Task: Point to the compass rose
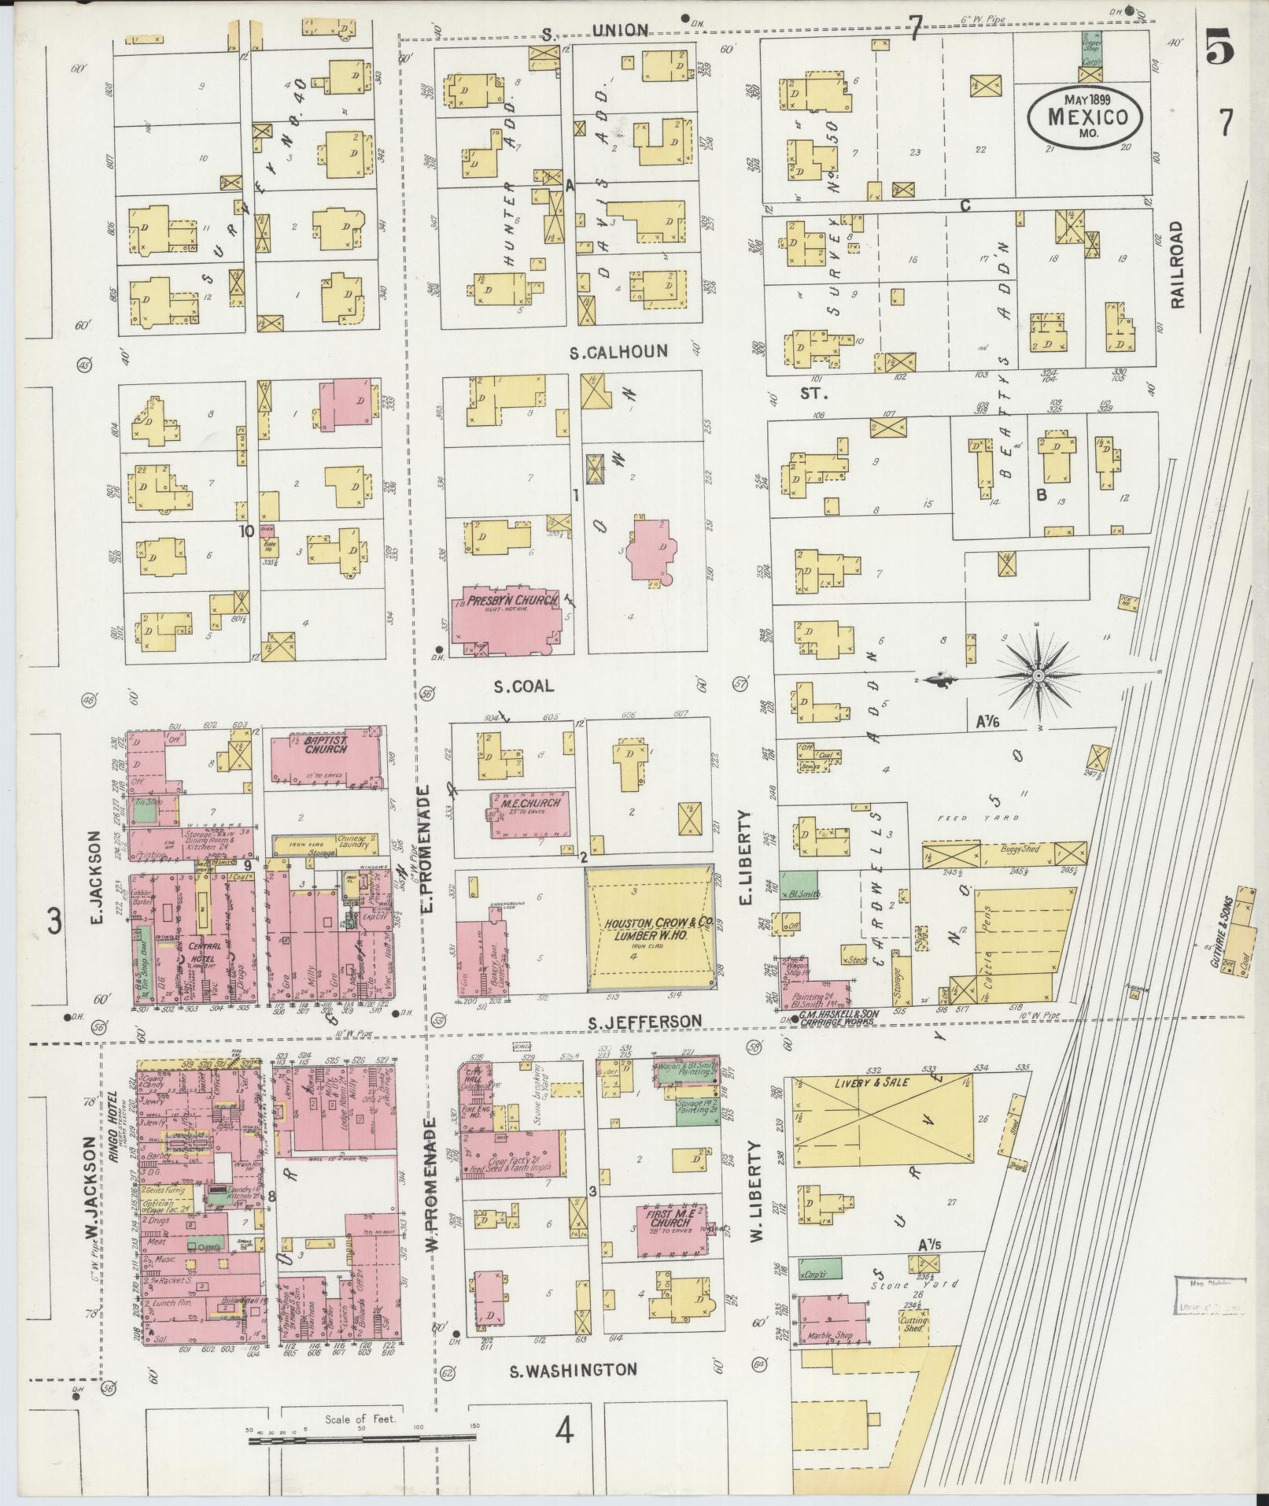(x=1037, y=676)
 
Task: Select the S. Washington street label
(x=573, y=1370)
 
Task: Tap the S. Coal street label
(x=523, y=686)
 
